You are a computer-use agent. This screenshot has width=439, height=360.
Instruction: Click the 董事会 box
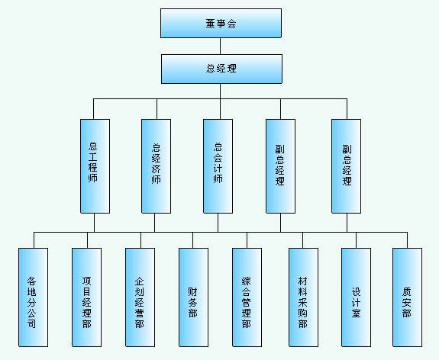(221, 23)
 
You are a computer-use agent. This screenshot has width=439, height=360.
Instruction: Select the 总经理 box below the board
(221, 69)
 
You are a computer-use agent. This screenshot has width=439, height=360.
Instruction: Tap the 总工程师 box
(95, 166)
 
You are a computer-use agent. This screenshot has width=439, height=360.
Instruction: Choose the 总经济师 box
(156, 166)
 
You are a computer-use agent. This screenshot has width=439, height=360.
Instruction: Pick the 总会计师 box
(218, 166)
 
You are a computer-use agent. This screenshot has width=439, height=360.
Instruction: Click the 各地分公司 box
(33, 297)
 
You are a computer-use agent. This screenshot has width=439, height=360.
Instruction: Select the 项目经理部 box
(86, 297)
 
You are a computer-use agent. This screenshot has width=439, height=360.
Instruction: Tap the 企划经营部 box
(140, 297)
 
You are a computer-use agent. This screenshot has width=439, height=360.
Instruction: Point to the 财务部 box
(193, 297)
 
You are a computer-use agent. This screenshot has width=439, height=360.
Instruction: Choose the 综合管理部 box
(247, 297)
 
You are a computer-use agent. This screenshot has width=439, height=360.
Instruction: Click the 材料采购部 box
(304, 297)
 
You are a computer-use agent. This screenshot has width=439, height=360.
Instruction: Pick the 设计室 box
(356, 297)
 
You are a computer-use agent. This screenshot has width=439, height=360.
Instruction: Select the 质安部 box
(407, 297)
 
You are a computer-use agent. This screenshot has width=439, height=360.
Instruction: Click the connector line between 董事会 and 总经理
(221, 47)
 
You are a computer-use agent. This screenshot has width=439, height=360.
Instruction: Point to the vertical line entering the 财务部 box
(192, 240)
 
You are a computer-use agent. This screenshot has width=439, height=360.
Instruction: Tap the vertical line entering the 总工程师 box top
(93, 109)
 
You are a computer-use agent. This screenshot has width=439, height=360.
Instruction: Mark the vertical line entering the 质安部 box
(408, 240)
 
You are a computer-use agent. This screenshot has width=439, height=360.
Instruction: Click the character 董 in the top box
(210, 23)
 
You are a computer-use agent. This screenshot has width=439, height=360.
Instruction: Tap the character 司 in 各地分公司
(31, 323)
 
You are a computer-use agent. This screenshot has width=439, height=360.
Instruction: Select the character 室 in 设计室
(356, 313)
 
